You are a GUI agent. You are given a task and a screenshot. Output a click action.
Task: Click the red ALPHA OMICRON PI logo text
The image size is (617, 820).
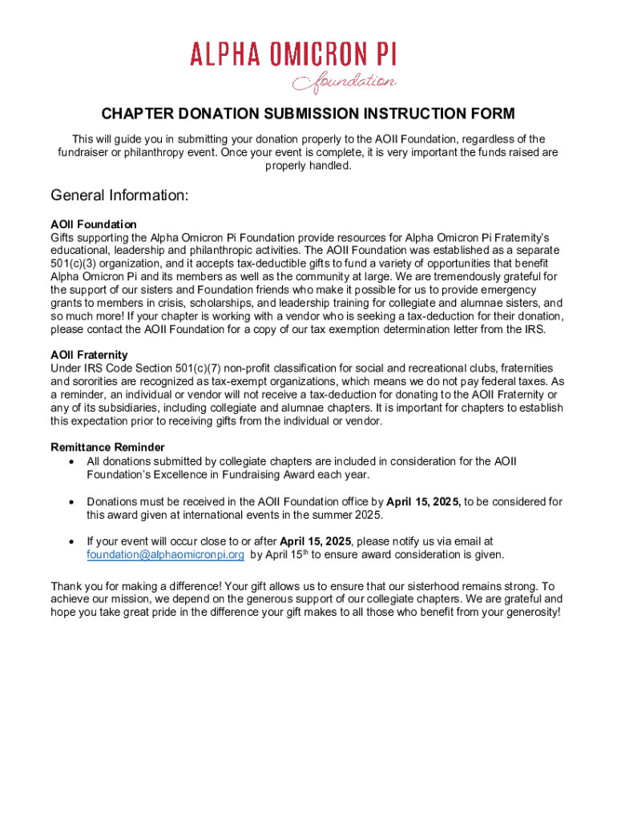[293, 55]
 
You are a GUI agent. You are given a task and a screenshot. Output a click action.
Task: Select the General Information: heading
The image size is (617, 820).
[119, 195]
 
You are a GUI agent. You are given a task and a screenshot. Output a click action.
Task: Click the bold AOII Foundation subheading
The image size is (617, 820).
[94, 224]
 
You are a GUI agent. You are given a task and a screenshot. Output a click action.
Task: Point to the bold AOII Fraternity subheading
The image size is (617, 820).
[89, 355]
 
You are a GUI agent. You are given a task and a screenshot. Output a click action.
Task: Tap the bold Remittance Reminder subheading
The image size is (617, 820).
[107, 447]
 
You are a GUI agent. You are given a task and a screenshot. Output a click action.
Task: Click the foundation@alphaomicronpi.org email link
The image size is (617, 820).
[165, 554]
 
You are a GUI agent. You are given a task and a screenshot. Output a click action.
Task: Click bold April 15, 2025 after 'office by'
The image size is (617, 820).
[423, 501]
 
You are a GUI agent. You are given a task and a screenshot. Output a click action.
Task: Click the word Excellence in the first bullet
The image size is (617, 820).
[181, 474]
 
